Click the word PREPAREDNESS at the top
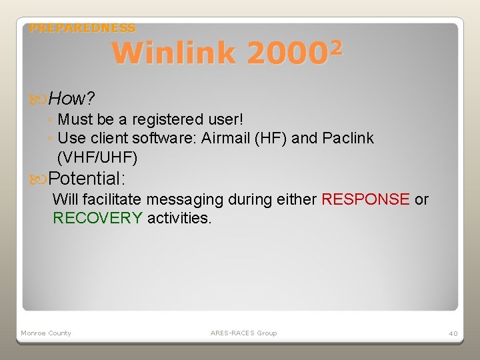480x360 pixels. (x=83, y=28)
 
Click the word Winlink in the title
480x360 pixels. (x=173, y=53)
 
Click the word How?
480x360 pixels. (x=71, y=99)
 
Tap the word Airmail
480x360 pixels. (x=224, y=138)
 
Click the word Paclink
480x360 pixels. (x=348, y=138)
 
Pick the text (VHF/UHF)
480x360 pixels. (x=97, y=157)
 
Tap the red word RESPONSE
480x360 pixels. (x=365, y=199)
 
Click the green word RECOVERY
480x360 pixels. (x=97, y=218)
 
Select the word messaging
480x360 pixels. (x=183, y=199)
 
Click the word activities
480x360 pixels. (x=179, y=218)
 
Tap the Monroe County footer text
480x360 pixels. (x=46, y=333)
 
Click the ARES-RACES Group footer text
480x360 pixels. (x=243, y=333)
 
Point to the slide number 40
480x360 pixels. (x=453, y=333)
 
